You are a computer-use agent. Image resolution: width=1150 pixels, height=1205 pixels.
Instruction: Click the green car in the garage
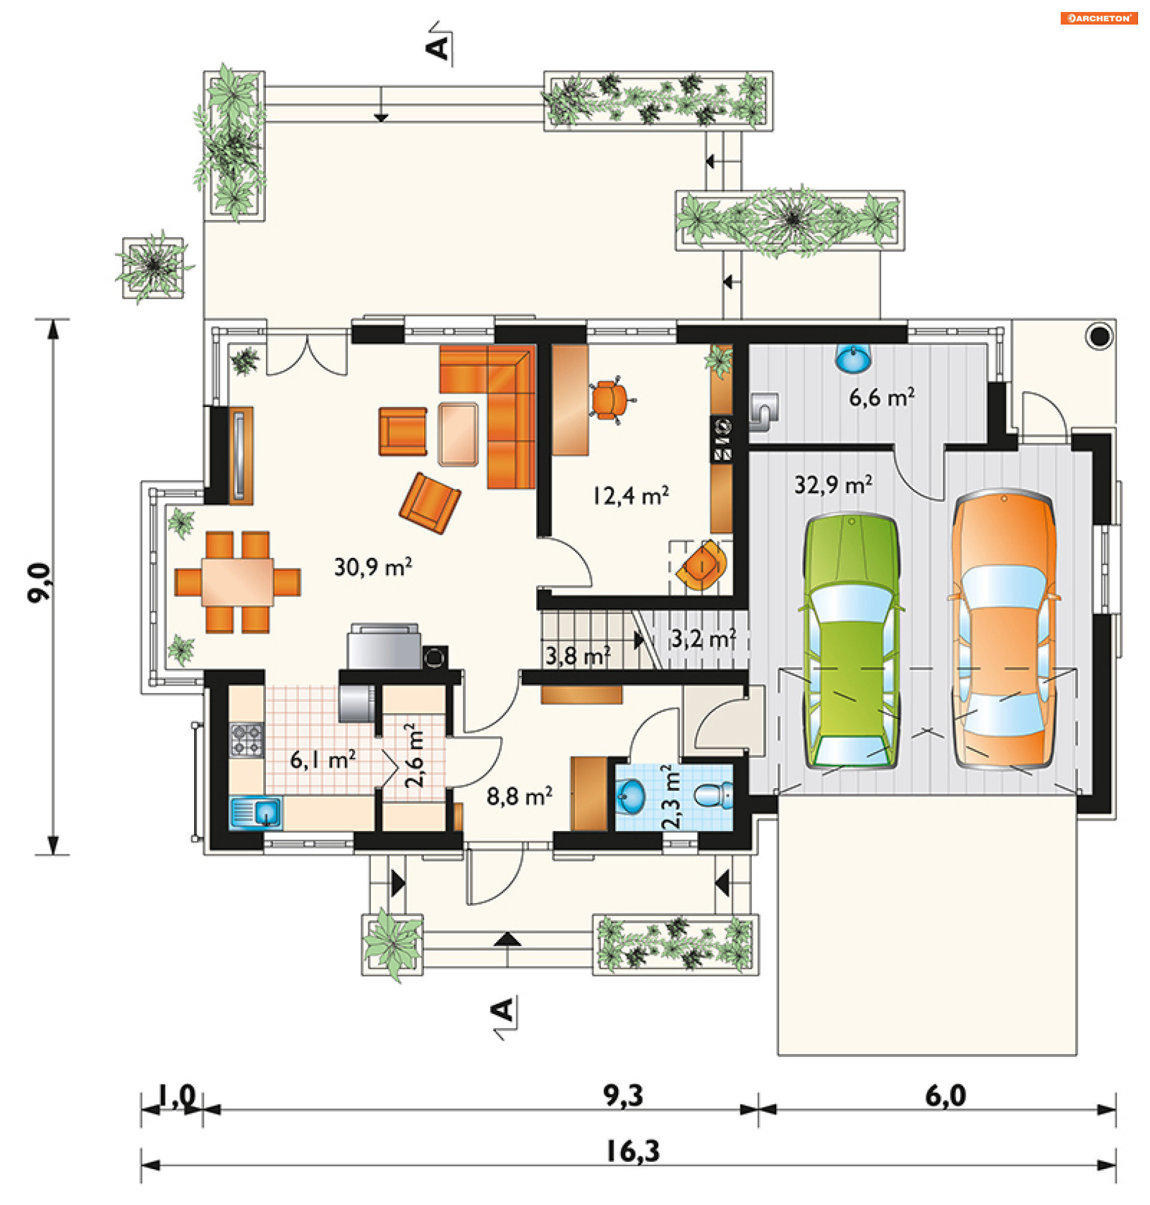coord(851,641)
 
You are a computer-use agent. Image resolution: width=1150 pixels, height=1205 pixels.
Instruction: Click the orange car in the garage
coord(1003,628)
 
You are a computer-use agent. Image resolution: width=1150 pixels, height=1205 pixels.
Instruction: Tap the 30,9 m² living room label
coord(373,567)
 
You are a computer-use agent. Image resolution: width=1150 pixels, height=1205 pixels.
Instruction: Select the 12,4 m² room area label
coord(630,496)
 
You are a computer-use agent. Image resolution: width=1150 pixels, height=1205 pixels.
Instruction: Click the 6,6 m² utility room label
coord(882,397)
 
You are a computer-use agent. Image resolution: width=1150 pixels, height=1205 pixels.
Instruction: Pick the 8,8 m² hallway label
coord(519,796)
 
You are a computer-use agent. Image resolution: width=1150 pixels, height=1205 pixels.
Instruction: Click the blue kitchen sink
coord(256,813)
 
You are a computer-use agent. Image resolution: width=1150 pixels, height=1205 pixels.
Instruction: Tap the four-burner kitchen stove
coord(246,739)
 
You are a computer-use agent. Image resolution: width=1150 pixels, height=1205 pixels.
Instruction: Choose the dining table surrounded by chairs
coord(237,581)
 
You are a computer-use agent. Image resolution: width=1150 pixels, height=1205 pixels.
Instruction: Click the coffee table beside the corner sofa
coord(458,434)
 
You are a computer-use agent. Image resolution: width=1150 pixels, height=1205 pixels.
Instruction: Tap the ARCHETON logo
coord(1099,19)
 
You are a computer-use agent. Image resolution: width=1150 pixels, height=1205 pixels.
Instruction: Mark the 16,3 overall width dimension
coord(632,1151)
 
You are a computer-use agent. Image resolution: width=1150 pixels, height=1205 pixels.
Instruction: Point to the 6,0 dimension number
coord(945,1095)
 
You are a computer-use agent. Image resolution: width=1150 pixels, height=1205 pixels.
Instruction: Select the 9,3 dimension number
coord(623,1095)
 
